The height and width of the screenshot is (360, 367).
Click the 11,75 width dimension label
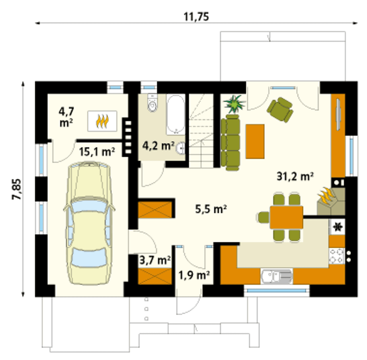tap(196, 17)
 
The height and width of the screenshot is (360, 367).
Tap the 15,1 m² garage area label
tap(97, 152)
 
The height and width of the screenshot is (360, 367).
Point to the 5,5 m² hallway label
tap(211, 209)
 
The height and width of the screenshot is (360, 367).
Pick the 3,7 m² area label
tap(155, 260)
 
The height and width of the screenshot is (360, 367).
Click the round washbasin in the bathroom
tap(180, 148)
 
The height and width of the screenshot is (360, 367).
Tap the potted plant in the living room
tap(235, 104)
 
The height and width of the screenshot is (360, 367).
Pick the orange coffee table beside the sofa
tap(255, 141)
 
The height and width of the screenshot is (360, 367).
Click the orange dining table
tap(286, 217)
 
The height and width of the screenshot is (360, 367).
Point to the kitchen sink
tap(276, 276)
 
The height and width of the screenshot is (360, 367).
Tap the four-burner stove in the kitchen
tap(337, 256)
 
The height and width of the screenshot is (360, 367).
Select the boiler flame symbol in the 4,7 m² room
tap(102, 121)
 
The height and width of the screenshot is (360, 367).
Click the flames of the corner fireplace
tap(326, 196)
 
